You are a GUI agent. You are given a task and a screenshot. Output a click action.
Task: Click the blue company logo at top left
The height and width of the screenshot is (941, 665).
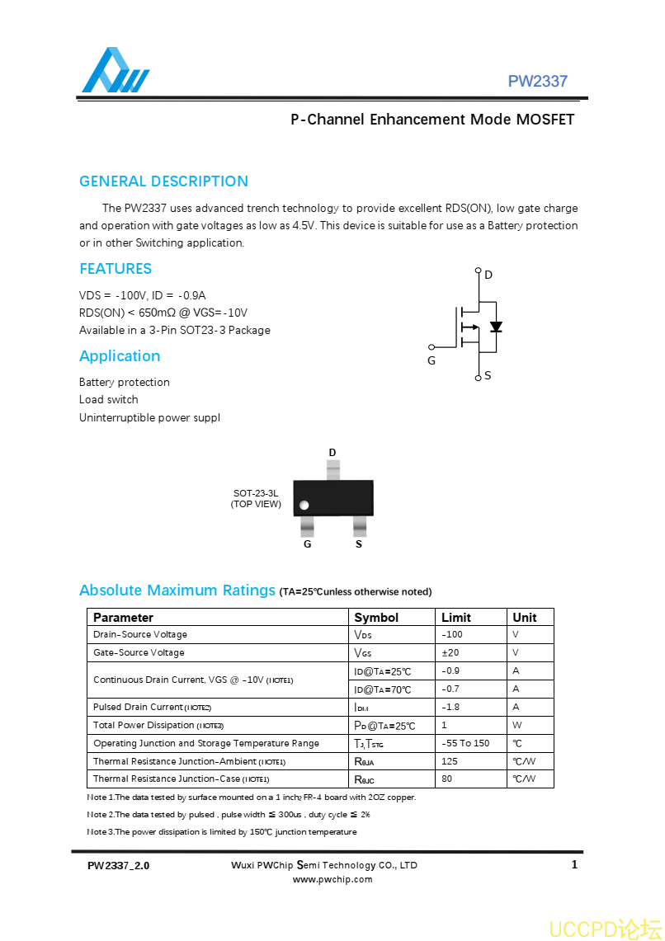point(115,72)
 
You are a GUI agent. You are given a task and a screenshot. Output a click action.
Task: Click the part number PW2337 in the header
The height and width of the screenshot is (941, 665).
point(537,81)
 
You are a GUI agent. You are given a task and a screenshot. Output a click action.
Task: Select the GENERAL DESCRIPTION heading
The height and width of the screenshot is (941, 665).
point(163,181)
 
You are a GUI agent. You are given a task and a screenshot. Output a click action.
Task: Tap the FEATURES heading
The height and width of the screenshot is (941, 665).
point(116,269)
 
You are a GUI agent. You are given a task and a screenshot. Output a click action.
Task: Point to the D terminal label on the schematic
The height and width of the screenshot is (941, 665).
point(488,275)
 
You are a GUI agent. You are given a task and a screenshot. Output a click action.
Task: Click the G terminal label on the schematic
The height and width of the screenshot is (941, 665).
point(432,361)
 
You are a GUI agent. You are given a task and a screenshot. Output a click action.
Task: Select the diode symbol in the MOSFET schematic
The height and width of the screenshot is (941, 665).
point(496,327)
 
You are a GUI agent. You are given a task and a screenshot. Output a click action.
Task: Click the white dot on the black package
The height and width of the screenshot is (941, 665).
point(304,505)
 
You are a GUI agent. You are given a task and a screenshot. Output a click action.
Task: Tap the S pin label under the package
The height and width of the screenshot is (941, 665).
point(359,544)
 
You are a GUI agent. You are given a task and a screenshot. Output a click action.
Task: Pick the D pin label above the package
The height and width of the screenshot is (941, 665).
point(332,453)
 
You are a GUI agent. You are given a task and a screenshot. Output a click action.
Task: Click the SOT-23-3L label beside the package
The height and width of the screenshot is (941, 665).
point(256,493)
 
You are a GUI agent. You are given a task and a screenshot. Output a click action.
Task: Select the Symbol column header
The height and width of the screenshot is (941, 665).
point(376,618)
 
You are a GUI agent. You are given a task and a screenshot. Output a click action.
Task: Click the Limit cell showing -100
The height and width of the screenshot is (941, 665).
point(452,635)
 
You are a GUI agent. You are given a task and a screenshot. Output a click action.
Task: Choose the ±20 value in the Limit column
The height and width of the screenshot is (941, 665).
point(450,652)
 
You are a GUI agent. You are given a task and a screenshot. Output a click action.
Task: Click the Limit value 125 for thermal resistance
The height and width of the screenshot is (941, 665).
point(450,761)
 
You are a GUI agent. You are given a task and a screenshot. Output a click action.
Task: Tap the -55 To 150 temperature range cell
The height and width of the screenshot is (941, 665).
point(465,743)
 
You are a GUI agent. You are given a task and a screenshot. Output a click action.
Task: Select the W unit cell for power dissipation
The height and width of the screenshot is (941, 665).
point(517,726)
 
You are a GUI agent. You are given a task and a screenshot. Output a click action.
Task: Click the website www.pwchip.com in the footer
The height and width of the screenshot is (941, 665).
point(332,879)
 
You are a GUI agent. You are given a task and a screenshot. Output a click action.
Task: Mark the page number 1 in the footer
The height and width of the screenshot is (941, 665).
point(574,864)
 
